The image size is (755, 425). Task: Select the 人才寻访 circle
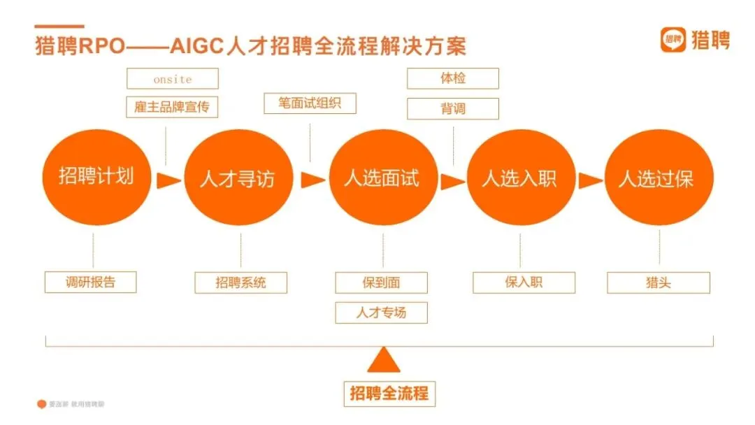point(238,180)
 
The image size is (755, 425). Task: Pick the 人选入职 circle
point(520,179)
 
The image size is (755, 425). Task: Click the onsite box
point(173,79)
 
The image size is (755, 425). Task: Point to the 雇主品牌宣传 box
point(173,107)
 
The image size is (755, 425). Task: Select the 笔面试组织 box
point(310,103)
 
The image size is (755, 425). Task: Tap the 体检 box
point(453,78)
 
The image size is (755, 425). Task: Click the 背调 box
point(453,108)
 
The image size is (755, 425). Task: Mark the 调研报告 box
point(91,282)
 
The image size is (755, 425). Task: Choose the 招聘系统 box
point(241,282)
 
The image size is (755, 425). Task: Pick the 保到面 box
point(382,282)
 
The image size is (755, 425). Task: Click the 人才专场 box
point(382,312)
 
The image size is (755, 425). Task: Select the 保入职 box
point(524,282)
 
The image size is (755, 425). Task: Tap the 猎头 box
point(659,282)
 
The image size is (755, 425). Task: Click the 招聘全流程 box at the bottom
point(389,393)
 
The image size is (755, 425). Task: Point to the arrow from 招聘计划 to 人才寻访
point(168,180)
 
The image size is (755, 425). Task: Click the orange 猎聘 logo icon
point(673,40)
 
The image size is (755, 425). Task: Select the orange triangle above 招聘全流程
point(384,361)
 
